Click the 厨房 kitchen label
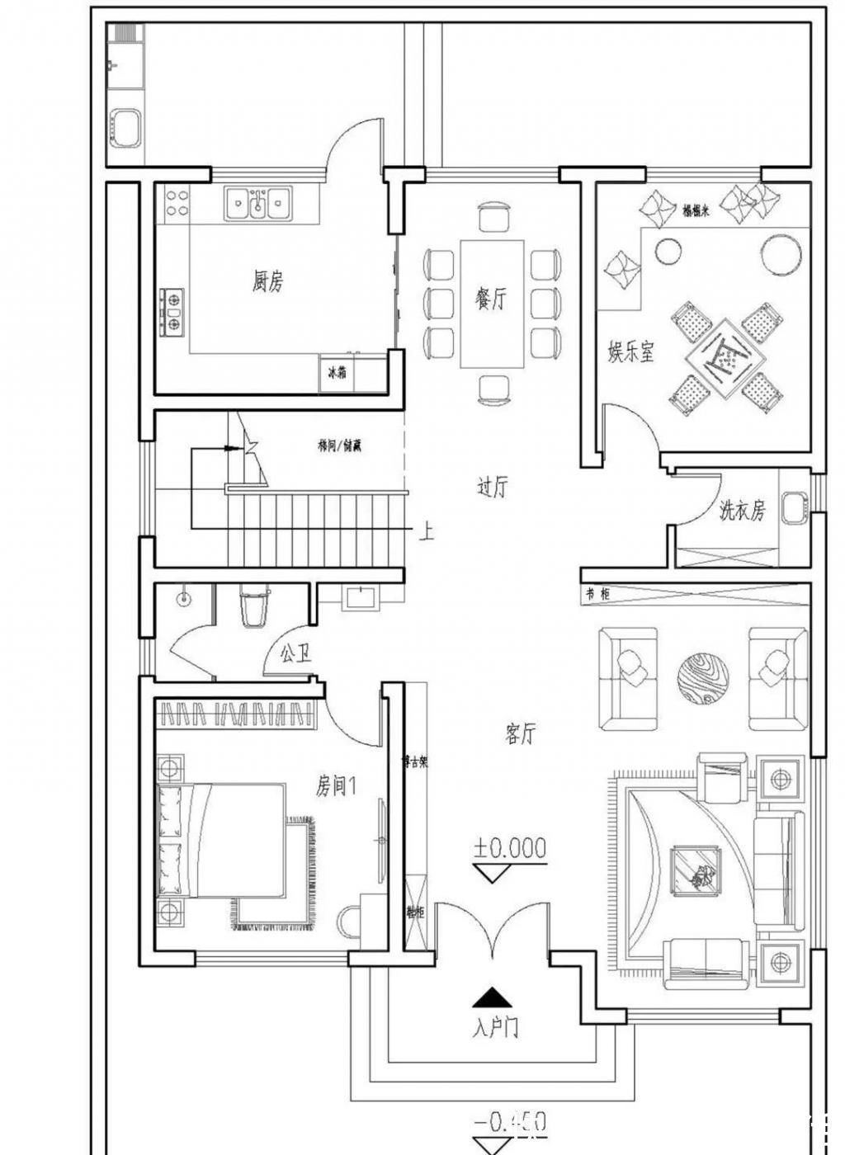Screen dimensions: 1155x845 click(x=267, y=281)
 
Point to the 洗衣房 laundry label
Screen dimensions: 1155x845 click(x=742, y=511)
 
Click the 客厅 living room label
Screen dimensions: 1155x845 click(x=520, y=733)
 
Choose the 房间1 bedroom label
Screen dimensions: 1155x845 click(x=335, y=785)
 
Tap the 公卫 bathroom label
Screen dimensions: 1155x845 click(x=295, y=654)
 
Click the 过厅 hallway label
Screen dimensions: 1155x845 click(x=492, y=487)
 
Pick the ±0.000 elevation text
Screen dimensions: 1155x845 click(x=509, y=847)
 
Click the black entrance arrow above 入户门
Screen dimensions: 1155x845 click(x=492, y=998)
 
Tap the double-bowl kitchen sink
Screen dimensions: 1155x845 click(x=258, y=203)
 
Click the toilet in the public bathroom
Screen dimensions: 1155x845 click(x=253, y=607)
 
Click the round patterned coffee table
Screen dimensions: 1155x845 click(x=703, y=678)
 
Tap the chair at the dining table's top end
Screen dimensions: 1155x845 click(x=494, y=217)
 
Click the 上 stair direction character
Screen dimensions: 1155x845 click(x=426, y=531)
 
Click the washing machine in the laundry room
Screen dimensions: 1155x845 click(x=793, y=507)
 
